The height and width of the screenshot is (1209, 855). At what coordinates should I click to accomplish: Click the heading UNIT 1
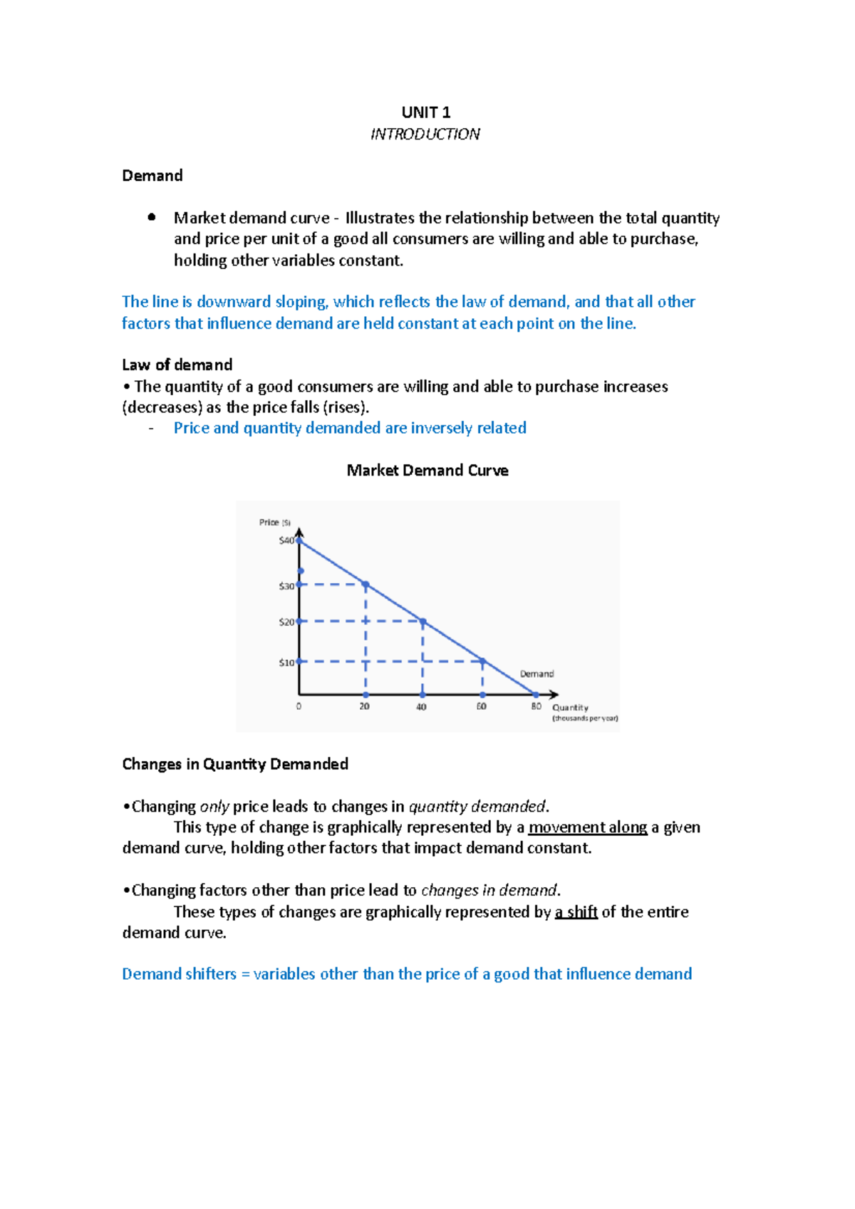(425, 112)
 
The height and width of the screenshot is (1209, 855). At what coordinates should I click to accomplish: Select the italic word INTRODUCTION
(425, 134)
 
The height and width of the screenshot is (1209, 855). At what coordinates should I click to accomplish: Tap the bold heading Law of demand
(177, 365)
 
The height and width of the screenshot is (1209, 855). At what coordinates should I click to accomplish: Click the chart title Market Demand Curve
(427, 471)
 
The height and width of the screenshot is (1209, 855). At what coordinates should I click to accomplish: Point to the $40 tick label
(286, 540)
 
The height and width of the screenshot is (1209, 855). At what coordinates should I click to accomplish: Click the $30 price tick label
(286, 586)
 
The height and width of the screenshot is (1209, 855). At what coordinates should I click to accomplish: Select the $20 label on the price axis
(286, 622)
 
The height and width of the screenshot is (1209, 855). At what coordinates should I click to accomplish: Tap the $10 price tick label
(286, 662)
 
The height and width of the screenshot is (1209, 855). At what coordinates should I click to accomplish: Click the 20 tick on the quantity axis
(364, 706)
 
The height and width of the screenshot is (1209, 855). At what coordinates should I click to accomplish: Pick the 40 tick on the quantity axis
(421, 707)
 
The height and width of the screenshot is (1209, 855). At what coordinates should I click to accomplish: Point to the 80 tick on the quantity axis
(536, 706)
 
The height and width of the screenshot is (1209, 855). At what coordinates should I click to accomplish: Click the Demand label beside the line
(537, 674)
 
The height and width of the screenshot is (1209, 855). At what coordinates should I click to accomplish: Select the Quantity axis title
(570, 708)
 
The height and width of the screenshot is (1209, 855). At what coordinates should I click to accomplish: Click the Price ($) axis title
(274, 523)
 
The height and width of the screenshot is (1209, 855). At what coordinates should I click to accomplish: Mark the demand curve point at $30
(366, 585)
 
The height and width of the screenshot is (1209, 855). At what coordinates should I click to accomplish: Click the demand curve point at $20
(423, 622)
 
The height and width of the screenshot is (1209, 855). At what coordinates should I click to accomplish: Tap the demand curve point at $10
(482, 661)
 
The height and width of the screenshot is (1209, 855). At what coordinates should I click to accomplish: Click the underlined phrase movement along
(587, 827)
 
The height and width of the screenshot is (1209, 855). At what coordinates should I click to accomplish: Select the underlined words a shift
(576, 912)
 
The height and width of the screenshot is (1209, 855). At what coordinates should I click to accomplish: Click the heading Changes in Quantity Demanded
(235, 764)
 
